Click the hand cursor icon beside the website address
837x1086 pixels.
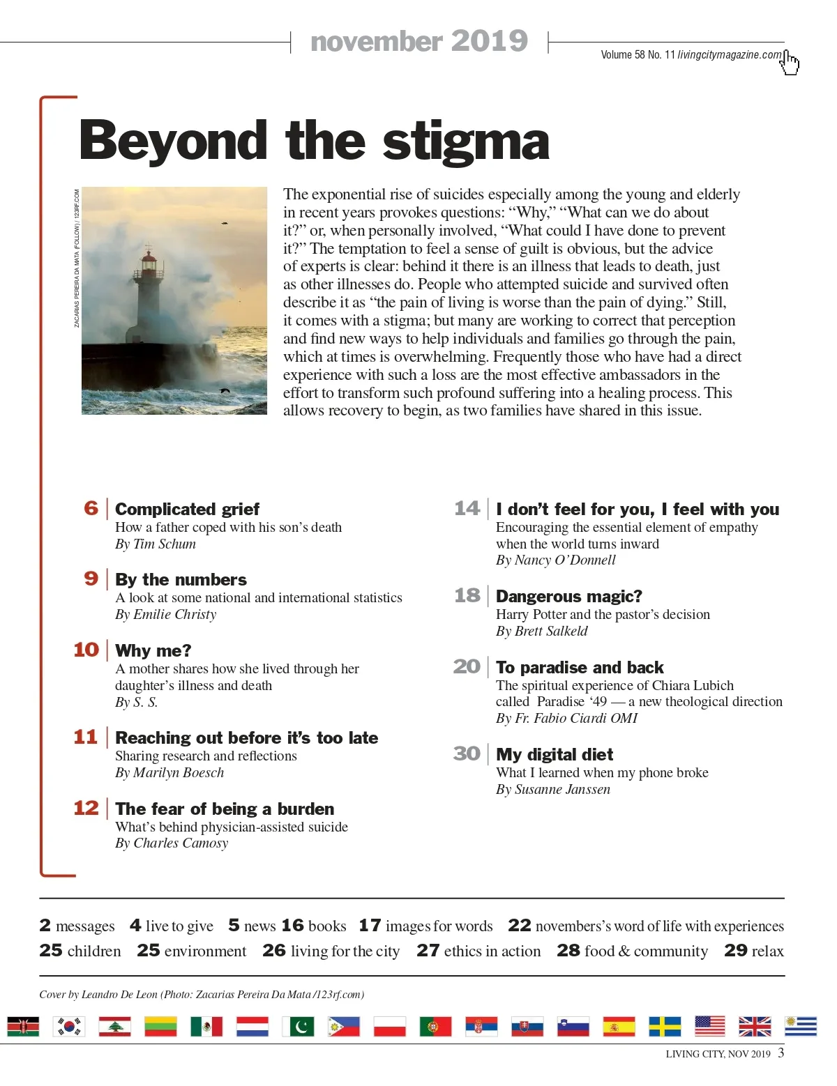[790, 63]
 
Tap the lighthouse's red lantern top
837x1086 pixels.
[149, 262]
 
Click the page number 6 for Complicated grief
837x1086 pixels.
[91, 508]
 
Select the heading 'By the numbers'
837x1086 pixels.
[181, 580]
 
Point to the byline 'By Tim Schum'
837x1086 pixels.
[156, 544]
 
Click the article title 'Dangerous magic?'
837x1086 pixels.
[568, 597]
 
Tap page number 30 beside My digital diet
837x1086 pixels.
[467, 754]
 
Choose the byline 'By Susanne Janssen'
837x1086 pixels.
[553, 790]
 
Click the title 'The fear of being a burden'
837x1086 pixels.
[225, 809]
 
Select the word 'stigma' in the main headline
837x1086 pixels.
[466, 142]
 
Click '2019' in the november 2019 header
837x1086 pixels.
[489, 41]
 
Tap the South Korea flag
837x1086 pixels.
[69, 1026]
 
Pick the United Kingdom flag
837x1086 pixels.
[755, 1026]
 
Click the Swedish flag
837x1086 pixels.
[665, 1026]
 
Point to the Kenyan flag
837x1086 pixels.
[23, 1026]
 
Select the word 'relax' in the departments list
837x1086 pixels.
[767, 951]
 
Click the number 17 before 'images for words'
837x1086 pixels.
[370, 926]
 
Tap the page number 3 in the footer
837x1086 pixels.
[781, 1053]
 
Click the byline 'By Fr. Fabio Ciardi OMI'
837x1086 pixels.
[566, 719]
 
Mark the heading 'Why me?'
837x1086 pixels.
[153, 651]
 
